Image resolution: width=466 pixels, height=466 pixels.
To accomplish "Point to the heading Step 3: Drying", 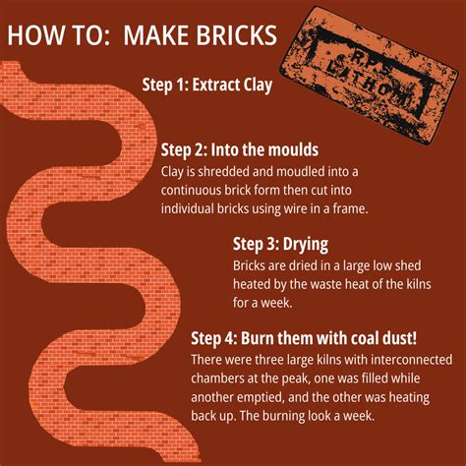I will point(280,244).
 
